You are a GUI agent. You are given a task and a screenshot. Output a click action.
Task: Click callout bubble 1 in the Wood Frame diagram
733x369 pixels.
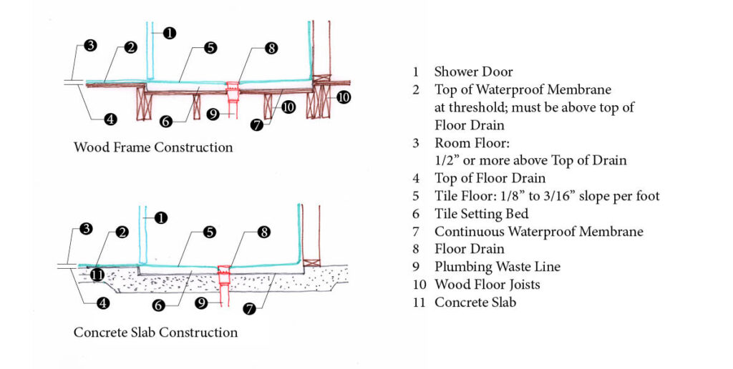169,33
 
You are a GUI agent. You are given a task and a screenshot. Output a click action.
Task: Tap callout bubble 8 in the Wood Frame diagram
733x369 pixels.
271,49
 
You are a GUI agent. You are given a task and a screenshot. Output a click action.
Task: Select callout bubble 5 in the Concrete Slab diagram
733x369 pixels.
210,232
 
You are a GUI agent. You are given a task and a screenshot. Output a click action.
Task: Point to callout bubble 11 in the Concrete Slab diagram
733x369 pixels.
97,273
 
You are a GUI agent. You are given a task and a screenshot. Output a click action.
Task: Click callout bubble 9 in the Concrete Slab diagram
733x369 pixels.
203,302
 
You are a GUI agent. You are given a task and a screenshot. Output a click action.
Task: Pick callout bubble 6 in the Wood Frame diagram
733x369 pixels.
166,122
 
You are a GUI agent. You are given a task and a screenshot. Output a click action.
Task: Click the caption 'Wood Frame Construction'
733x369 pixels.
153,147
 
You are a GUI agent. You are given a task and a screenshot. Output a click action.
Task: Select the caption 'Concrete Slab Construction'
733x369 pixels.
155,333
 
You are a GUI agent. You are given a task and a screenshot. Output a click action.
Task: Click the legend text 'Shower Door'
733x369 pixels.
473,72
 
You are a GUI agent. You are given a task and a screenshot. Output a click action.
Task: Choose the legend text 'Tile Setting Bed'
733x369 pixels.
481,214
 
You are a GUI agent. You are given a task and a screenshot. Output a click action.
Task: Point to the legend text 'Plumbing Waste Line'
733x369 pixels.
497,267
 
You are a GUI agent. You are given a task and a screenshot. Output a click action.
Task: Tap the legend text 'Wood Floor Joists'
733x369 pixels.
487,285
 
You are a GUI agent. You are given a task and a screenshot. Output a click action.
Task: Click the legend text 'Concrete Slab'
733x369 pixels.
475,302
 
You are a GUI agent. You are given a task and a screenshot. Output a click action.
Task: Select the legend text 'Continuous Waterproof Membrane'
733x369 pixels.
538,232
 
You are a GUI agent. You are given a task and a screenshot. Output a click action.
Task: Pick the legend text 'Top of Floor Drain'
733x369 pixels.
490,178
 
